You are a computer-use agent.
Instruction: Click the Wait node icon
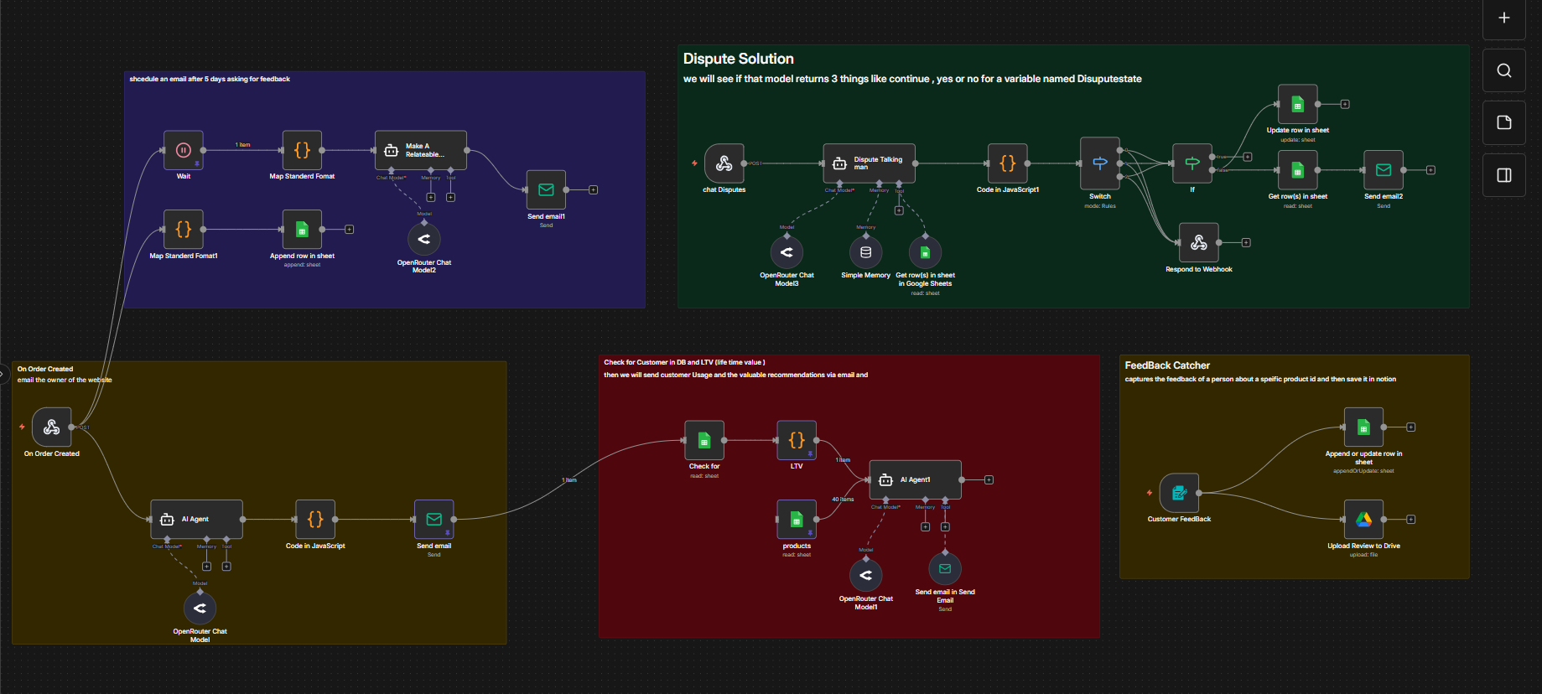click(x=183, y=151)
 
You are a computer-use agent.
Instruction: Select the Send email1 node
click(x=546, y=190)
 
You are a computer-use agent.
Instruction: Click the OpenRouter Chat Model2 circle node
click(x=424, y=239)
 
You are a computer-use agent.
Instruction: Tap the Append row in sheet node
click(x=302, y=230)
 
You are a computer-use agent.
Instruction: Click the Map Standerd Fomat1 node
click(x=183, y=230)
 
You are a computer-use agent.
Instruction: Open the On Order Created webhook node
click(x=51, y=427)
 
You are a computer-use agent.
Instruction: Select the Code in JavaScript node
click(x=315, y=520)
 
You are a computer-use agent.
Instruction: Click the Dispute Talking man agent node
click(x=869, y=163)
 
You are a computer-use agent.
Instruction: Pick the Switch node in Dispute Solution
click(x=1099, y=163)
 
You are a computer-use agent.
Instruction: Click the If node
click(x=1192, y=163)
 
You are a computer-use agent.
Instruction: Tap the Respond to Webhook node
click(x=1198, y=243)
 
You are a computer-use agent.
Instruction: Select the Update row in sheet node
click(x=1297, y=105)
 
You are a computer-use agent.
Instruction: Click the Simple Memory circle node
click(x=865, y=252)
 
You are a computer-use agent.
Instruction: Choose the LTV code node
click(x=796, y=440)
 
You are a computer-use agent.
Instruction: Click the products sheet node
click(x=796, y=520)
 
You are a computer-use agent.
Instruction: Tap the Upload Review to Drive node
click(x=1363, y=520)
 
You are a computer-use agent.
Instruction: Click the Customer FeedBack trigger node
click(x=1179, y=493)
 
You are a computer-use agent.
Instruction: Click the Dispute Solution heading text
click(x=738, y=59)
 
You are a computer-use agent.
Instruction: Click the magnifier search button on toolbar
click(x=1503, y=70)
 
